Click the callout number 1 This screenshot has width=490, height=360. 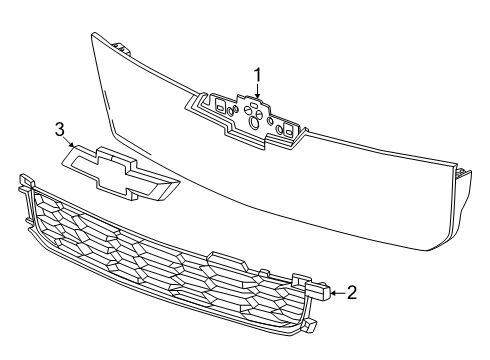257,75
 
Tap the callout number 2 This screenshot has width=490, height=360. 352,292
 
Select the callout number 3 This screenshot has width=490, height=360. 59,129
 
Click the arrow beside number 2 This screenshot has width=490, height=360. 338,293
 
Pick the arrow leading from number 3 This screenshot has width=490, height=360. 69,142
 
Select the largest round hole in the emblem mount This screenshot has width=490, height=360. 254,123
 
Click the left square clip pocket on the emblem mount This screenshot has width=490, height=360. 220,104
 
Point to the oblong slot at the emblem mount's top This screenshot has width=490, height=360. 253,105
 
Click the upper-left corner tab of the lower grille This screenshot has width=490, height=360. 26,180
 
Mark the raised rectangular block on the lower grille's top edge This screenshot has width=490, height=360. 228,259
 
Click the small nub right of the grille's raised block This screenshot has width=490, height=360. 264,273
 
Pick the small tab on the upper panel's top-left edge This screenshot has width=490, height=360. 122,48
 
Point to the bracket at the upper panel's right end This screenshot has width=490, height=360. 463,173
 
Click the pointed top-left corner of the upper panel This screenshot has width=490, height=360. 92,33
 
